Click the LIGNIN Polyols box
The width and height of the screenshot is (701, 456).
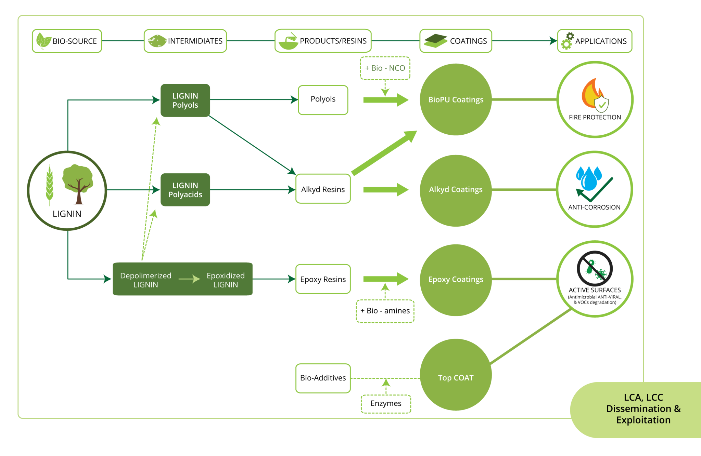click(185, 100)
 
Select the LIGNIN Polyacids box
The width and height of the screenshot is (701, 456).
click(185, 190)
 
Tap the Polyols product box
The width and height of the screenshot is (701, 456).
click(323, 100)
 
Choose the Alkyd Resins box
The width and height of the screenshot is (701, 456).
click(323, 189)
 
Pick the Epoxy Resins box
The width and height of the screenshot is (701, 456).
click(323, 279)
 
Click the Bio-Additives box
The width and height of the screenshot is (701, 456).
click(323, 378)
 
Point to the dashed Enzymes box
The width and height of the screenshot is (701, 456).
click(386, 404)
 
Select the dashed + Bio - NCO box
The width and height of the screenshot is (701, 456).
click(385, 68)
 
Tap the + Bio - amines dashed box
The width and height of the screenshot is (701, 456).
click(385, 311)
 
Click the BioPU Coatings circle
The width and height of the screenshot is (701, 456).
click(456, 99)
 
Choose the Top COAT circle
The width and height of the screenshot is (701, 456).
click(456, 375)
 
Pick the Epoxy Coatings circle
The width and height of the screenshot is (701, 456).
click(456, 280)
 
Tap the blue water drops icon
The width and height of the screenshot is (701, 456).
click(589, 178)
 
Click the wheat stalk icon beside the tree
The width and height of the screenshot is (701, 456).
click(50, 185)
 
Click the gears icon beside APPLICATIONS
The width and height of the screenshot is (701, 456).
click(568, 41)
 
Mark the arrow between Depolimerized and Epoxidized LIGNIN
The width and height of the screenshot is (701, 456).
click(189, 279)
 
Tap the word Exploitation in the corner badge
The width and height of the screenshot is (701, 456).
click(643, 420)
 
